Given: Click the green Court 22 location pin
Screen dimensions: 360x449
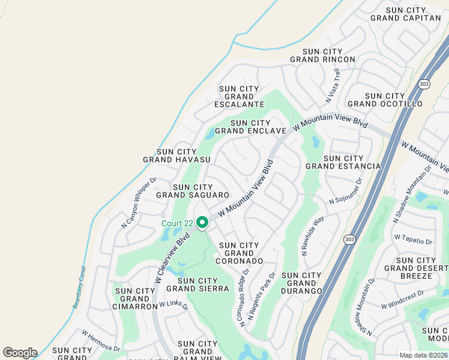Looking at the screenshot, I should point(202,223).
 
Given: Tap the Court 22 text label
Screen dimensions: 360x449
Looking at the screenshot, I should point(177,224).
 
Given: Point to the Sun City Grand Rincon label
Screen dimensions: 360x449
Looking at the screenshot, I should point(322,56).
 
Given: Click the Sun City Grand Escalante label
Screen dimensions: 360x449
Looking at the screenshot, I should point(240,97).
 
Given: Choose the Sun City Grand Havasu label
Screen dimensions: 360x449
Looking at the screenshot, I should point(176,156).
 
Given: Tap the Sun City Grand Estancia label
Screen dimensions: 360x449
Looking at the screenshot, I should point(343,162).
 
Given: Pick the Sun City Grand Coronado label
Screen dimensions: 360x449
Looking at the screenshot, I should point(240,253).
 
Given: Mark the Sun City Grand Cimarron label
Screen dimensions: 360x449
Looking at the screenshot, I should point(136,299).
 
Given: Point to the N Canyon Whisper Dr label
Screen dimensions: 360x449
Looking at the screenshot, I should point(139,202).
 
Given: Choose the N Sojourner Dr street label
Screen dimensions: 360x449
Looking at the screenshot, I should point(346,191).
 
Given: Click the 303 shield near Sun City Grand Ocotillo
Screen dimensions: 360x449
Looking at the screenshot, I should point(424,84).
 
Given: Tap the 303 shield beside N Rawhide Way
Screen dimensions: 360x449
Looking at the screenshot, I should point(349,239).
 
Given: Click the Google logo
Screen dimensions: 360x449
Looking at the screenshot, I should point(20,353).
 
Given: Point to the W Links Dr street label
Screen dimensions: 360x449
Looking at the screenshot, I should point(173,306).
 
